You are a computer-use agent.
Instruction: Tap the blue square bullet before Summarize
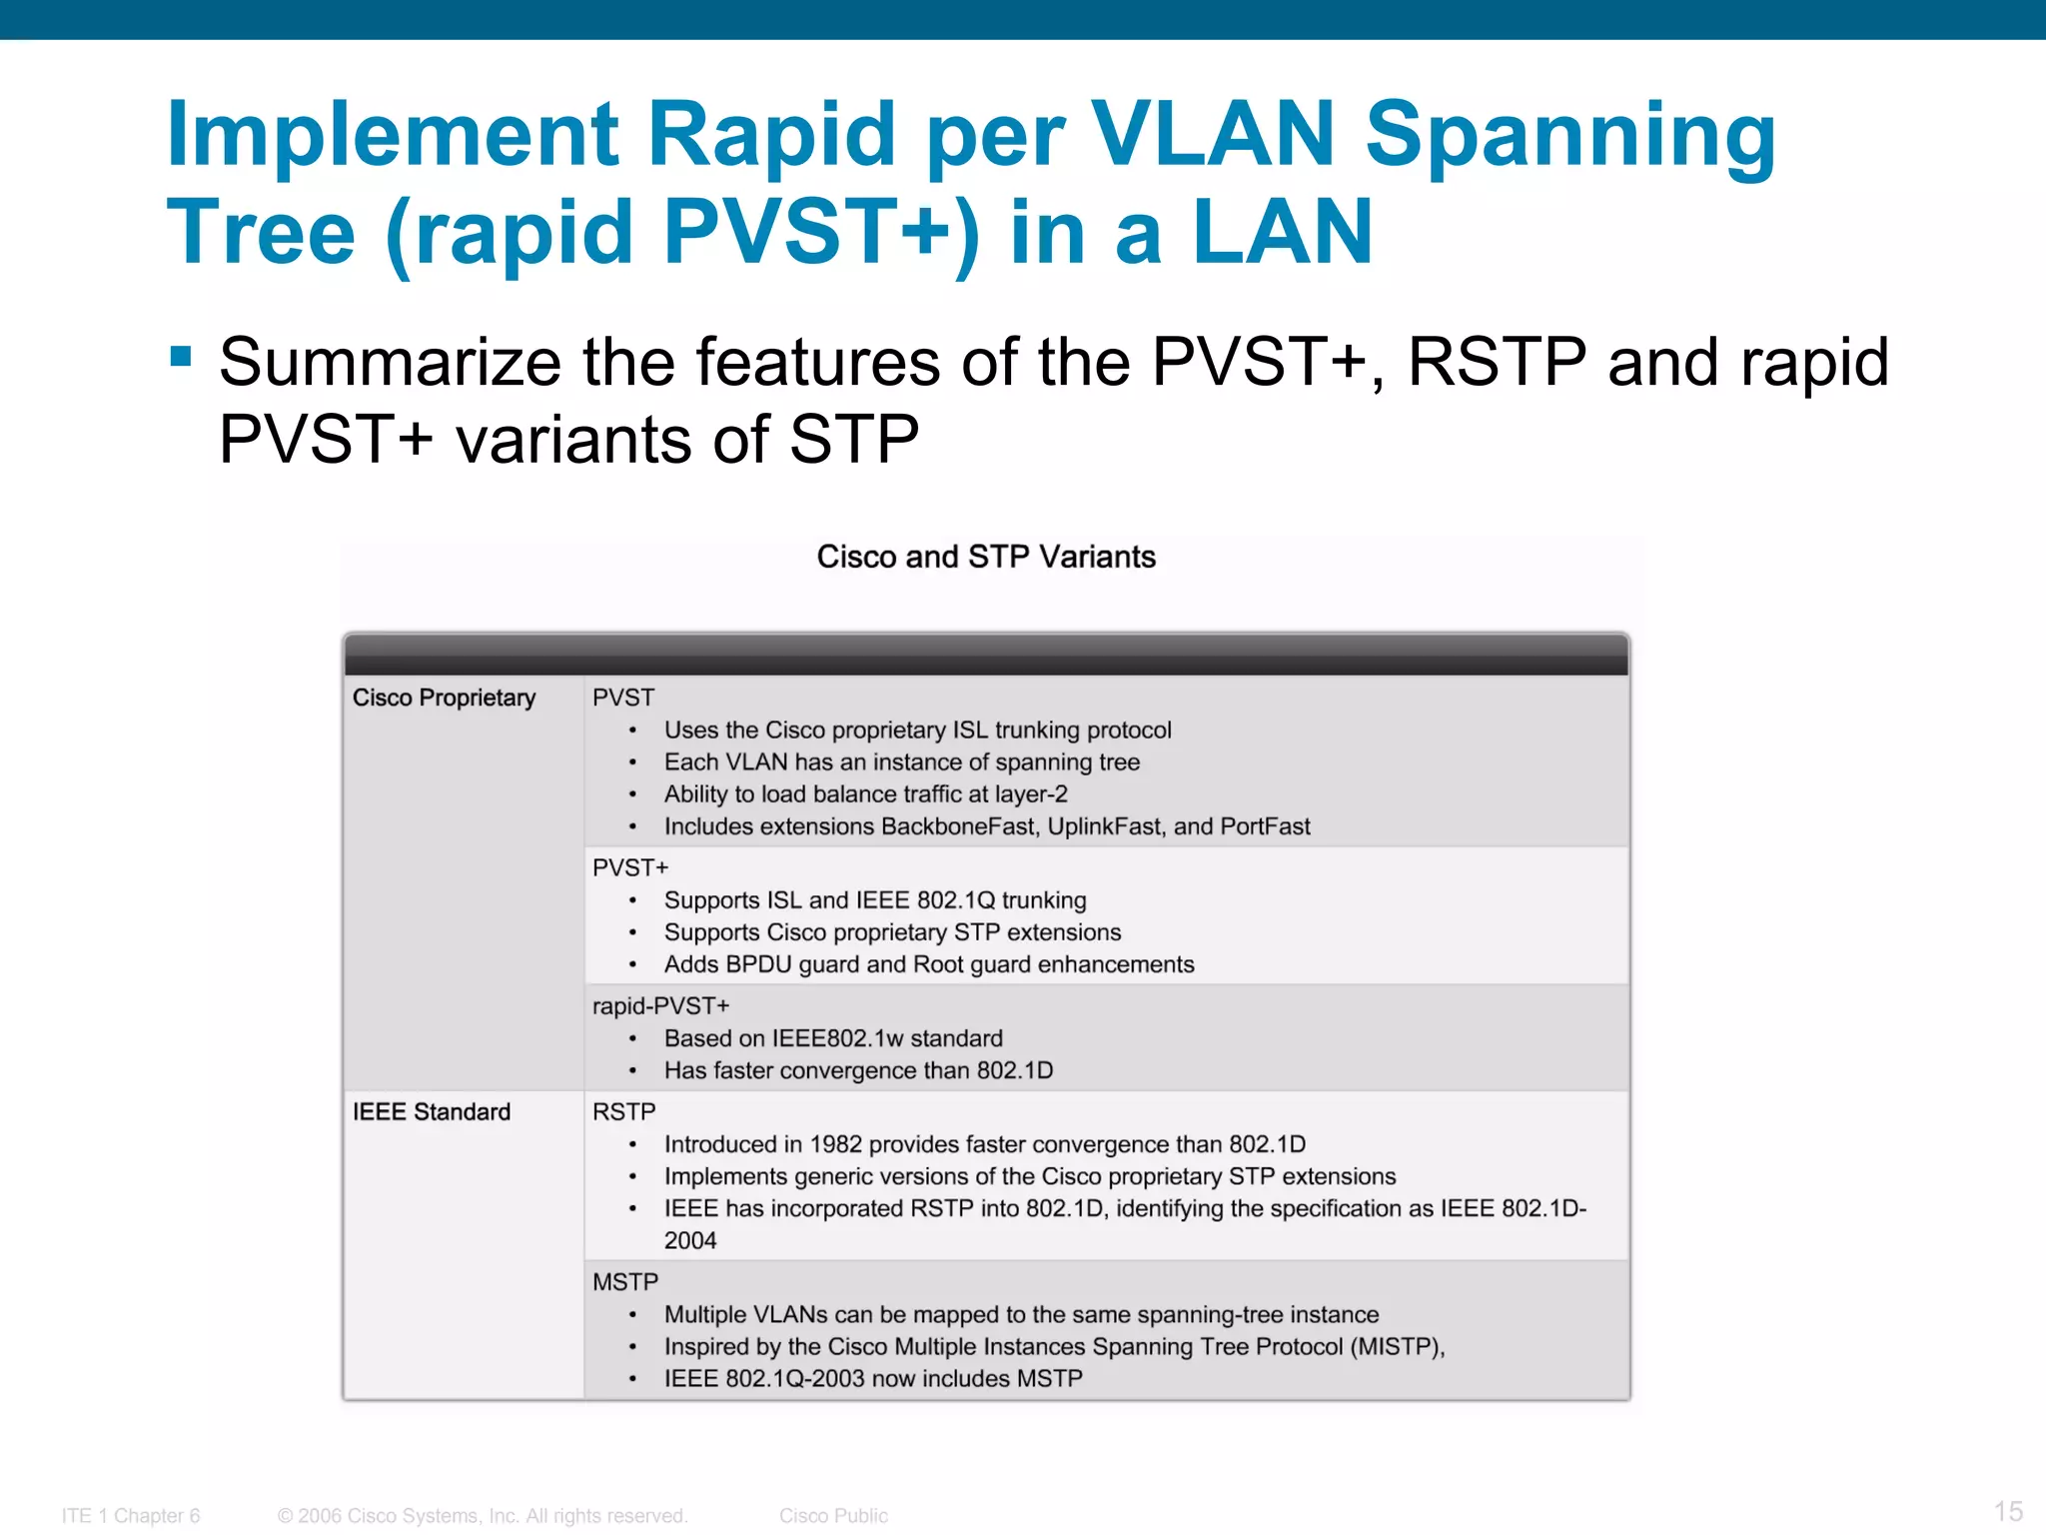click(181, 357)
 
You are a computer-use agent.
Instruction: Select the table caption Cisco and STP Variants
click(986, 557)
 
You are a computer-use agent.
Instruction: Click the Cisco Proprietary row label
click(444, 698)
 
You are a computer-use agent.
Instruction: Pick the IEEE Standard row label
click(432, 1112)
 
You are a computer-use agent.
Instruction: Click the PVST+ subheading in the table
click(630, 867)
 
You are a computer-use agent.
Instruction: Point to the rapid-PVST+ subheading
click(660, 1006)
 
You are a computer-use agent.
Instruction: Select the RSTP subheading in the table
click(623, 1112)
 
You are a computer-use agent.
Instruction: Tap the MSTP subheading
click(625, 1282)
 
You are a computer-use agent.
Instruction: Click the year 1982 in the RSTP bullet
click(836, 1144)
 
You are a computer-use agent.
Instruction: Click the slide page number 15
click(2008, 1511)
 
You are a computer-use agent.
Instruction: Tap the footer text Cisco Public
click(833, 1516)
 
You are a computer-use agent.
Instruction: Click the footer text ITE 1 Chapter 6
click(131, 1516)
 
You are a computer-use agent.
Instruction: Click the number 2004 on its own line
click(690, 1241)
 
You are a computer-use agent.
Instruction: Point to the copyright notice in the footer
click(483, 1516)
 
